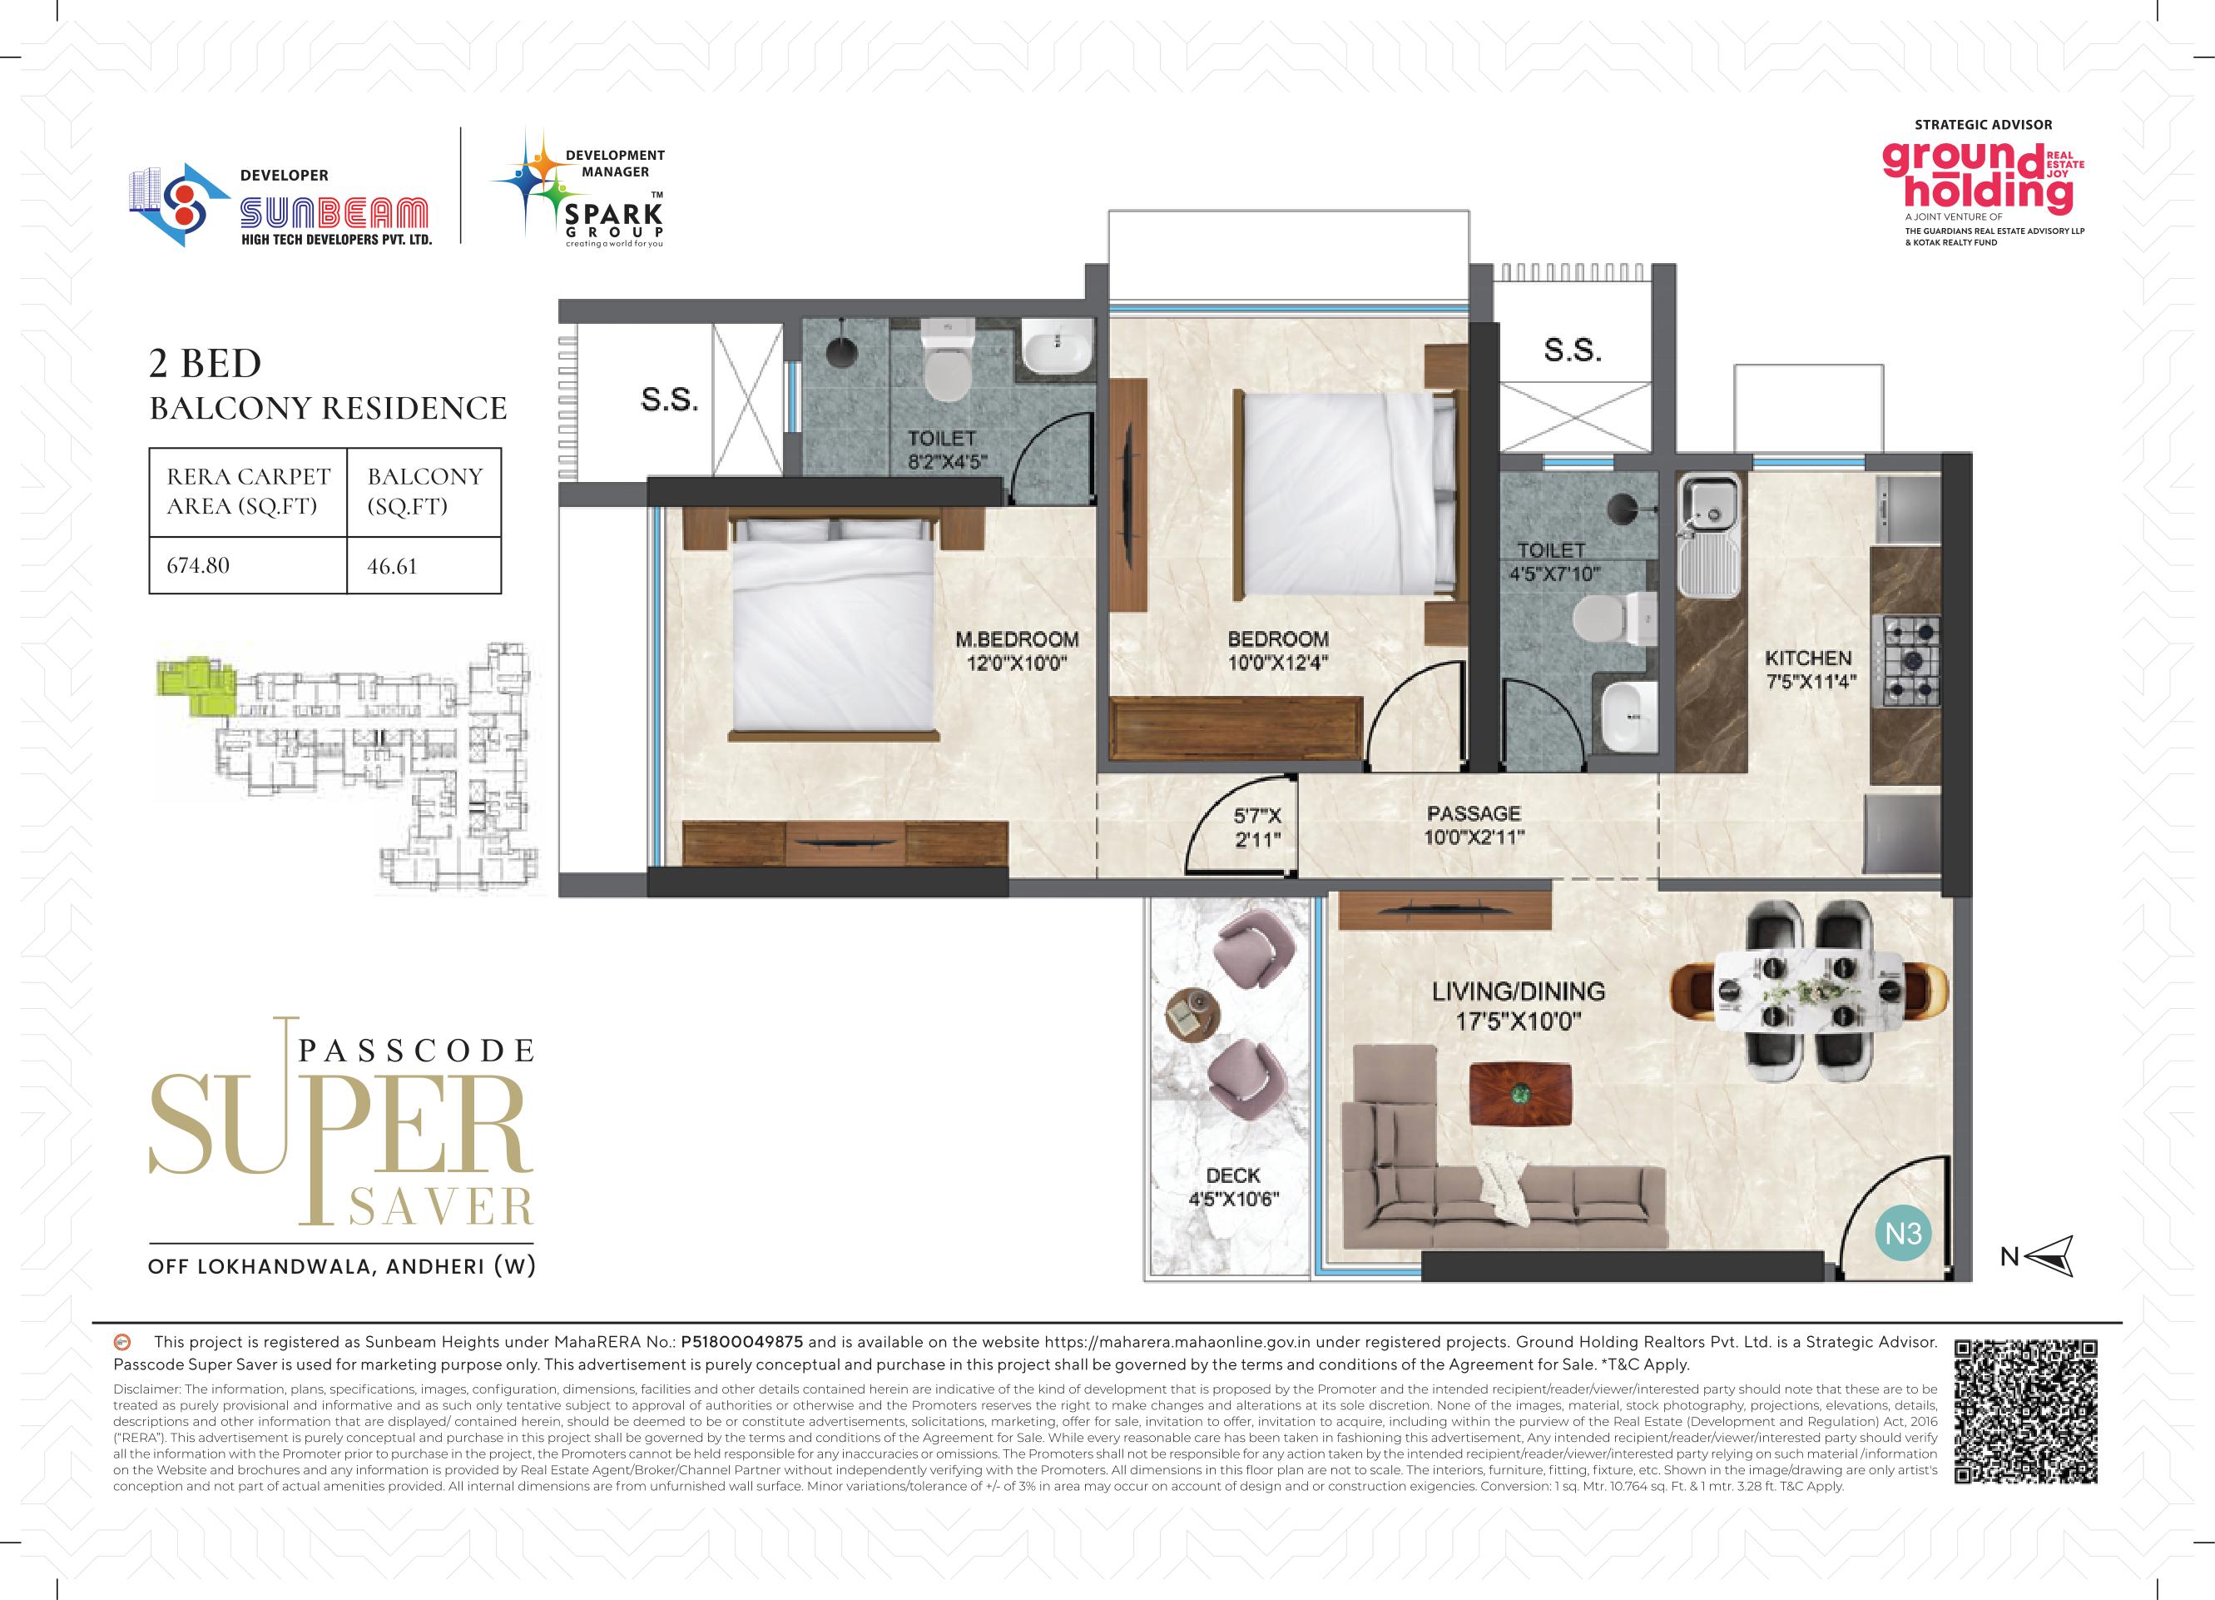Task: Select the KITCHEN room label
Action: tap(1808, 658)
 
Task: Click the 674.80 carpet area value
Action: tap(198, 565)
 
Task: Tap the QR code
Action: tap(2026, 1413)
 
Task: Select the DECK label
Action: tap(1232, 1176)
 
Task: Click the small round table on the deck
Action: tap(1192, 1016)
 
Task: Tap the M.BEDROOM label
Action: tap(1017, 640)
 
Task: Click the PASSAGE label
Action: tap(1474, 813)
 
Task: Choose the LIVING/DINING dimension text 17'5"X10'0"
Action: tap(1519, 1021)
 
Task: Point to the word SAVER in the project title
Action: tap(440, 1207)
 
